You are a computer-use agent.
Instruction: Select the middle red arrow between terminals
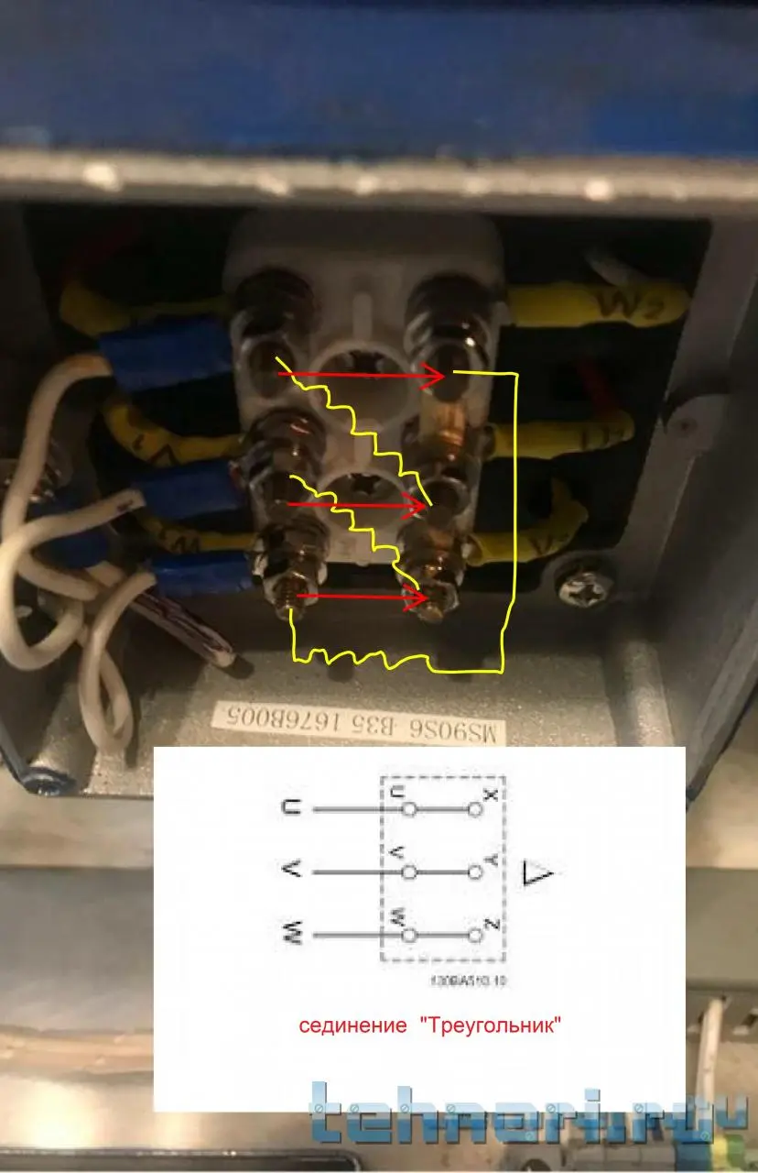click(x=357, y=504)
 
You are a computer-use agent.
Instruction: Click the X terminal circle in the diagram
click(x=474, y=810)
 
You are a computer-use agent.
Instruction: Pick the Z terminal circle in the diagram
click(x=474, y=936)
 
